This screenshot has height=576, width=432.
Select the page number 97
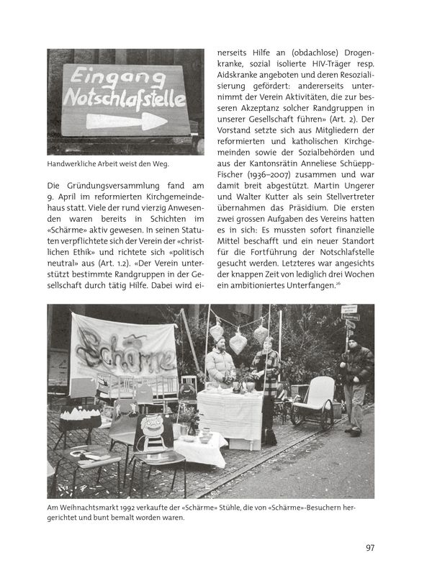[x=369, y=548]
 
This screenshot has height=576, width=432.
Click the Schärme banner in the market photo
[x=123, y=349]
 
